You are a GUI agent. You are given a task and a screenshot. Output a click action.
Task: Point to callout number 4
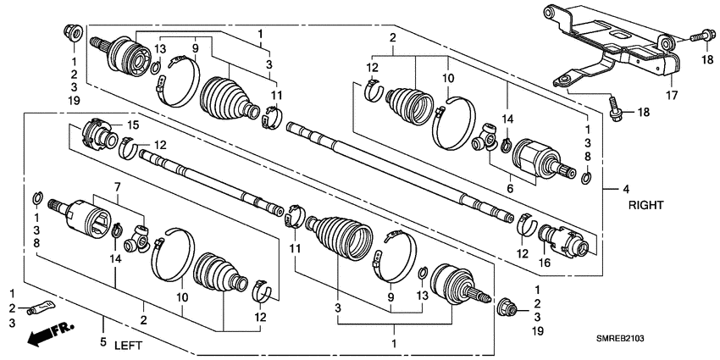(626, 189)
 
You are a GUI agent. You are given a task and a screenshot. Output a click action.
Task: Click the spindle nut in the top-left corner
(72, 34)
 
